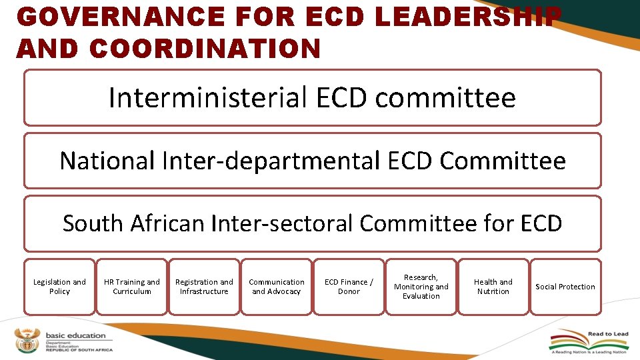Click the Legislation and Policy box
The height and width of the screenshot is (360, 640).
(59, 287)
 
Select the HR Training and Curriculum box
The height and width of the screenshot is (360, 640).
(132, 287)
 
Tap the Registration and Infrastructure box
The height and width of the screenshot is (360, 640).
(204, 287)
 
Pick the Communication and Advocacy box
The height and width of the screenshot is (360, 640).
(276, 287)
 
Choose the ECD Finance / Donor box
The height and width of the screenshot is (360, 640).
(349, 287)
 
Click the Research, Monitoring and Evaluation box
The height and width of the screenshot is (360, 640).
(421, 287)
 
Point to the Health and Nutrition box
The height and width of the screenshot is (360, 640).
(493, 287)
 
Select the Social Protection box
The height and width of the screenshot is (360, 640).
(565, 287)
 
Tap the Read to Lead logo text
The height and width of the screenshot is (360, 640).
(607, 335)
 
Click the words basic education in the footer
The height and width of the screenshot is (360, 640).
(75, 335)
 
